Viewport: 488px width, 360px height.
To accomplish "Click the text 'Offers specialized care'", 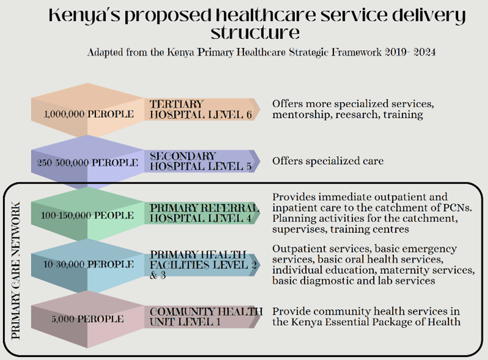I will coord(328,161).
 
